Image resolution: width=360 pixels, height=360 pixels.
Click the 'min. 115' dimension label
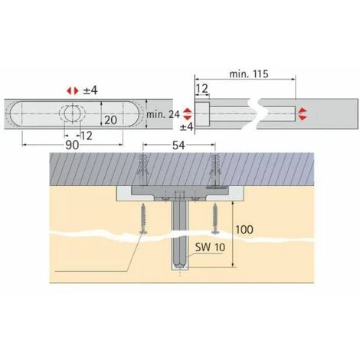pyautogui.click(x=249, y=74)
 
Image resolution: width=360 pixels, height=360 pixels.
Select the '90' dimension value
pyautogui.click(x=72, y=146)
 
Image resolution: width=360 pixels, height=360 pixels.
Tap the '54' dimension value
pyautogui.click(x=178, y=146)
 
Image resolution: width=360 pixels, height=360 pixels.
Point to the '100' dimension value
pyautogui.click(x=244, y=230)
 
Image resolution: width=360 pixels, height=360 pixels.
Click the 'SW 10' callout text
pyautogui.click(x=210, y=247)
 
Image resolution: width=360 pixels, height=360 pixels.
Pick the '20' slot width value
pyautogui.click(x=111, y=120)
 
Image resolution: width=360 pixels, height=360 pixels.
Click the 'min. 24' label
pyautogui.click(x=163, y=115)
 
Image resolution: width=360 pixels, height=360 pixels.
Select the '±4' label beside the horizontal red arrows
pyautogui.click(x=90, y=90)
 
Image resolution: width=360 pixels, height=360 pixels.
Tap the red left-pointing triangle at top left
pyautogui.click(x=69, y=90)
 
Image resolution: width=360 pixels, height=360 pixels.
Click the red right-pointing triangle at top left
pyautogui.click(x=76, y=90)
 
